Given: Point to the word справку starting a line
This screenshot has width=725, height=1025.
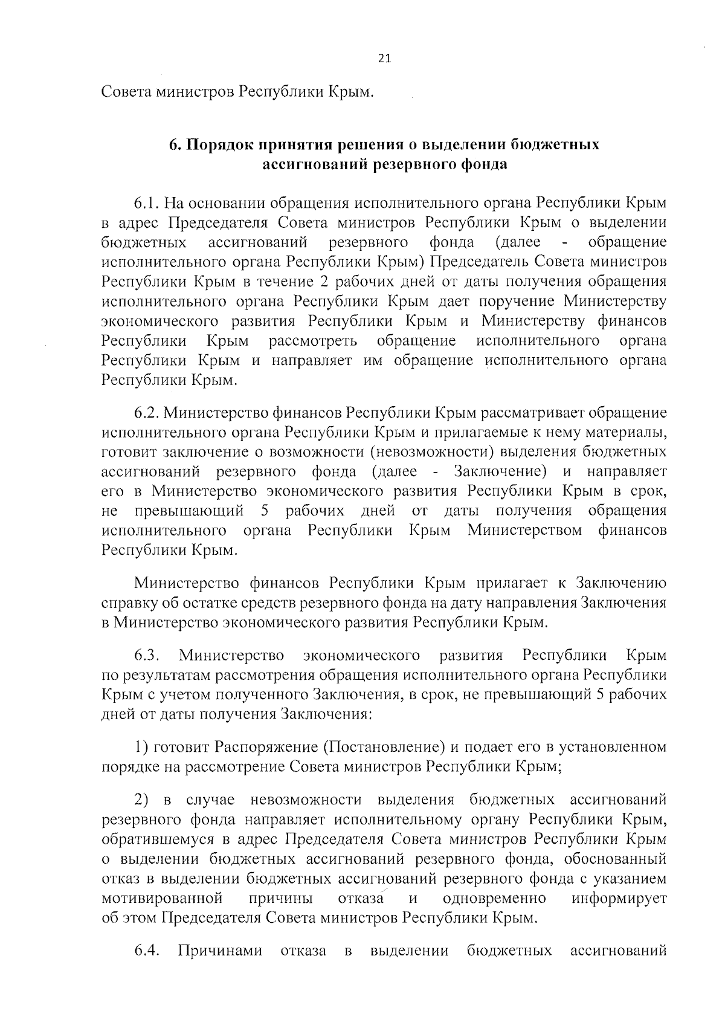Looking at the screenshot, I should pyautogui.click(x=128, y=603).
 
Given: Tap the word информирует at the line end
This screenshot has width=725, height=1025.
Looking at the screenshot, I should pyautogui.click(x=619, y=899).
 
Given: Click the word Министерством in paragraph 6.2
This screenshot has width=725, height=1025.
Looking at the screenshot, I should pyautogui.click(x=524, y=531).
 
